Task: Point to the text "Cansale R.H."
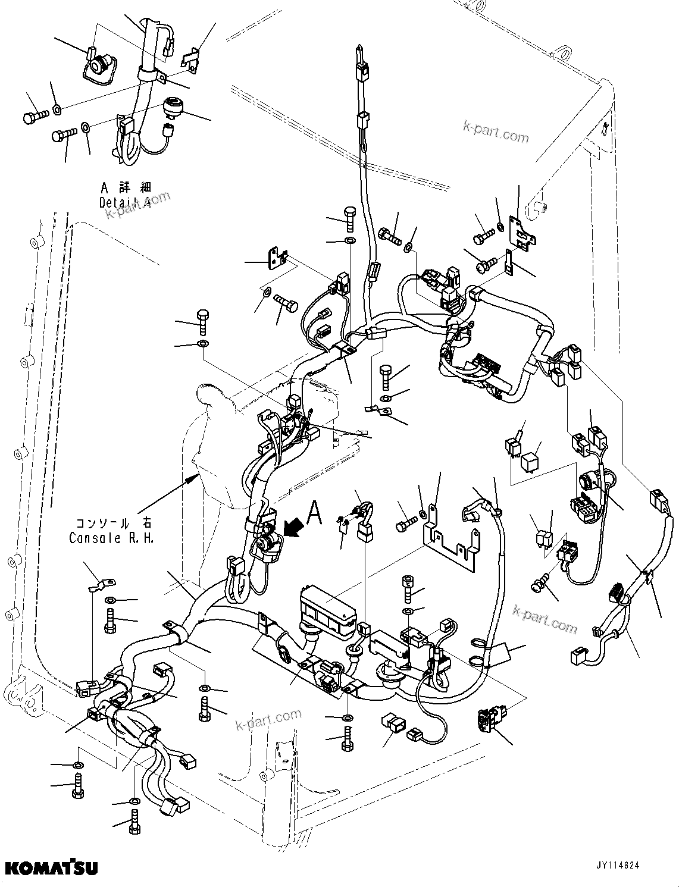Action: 111,538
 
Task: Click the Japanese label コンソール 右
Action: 111,524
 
